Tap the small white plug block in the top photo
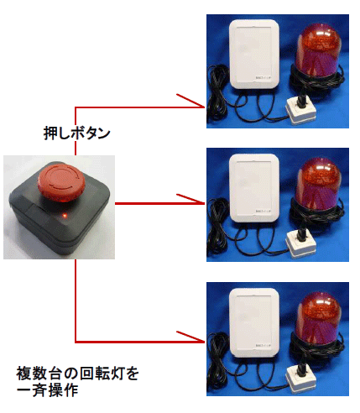(300, 107)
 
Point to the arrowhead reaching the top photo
(201, 105)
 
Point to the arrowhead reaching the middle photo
(201, 202)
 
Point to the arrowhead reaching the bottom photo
(201, 341)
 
